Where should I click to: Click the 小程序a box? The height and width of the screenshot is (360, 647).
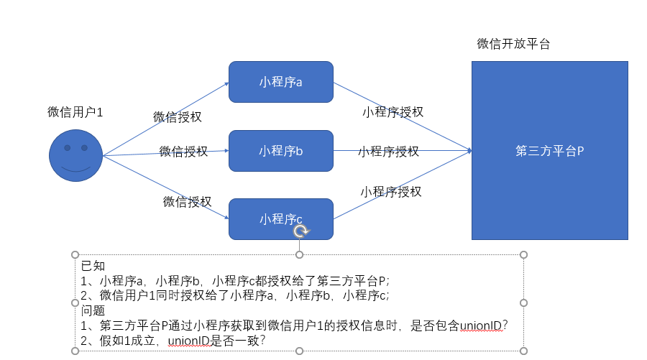281,82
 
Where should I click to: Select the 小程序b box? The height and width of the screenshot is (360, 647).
281,151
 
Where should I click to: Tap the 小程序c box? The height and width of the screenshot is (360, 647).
281,218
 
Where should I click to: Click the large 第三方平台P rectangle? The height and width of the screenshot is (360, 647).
549,151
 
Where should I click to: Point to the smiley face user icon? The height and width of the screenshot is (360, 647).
75,155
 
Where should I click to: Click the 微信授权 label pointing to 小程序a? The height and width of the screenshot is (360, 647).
178,116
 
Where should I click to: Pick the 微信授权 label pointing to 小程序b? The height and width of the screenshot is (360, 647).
183,152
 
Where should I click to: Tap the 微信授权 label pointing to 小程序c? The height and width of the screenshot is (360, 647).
187,202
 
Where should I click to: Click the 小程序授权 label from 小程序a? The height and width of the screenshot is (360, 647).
393,111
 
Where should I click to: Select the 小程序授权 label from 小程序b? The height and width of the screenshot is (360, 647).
388,152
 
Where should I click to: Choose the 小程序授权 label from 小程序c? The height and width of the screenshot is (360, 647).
390,191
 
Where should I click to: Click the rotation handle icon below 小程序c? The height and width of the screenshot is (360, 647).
300,231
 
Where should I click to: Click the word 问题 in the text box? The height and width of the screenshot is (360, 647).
93,310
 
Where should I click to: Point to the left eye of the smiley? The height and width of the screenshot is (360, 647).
67,148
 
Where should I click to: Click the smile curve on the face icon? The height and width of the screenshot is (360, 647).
75,170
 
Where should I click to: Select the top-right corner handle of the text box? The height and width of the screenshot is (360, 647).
523,254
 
